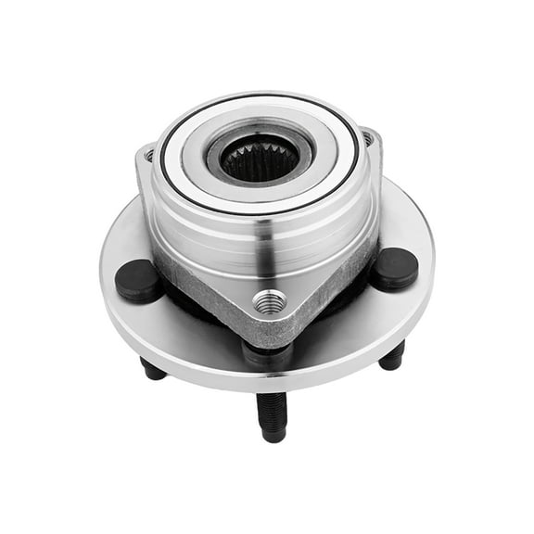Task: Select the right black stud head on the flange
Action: [395, 269]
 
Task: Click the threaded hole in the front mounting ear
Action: [270, 302]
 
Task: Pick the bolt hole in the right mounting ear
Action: [368, 138]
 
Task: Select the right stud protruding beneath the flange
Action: [392, 355]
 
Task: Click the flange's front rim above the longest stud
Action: [269, 375]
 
